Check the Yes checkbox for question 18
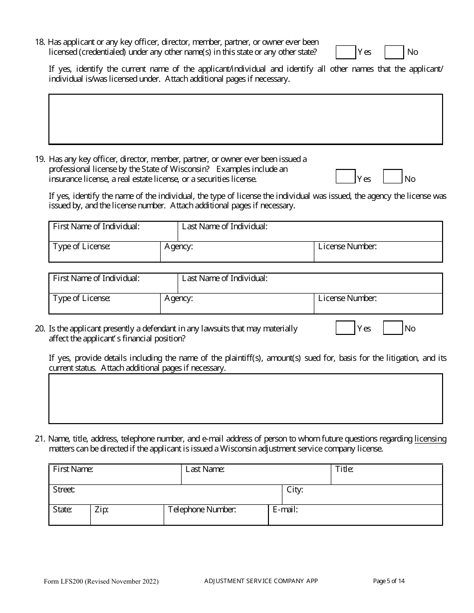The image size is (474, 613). point(345,52)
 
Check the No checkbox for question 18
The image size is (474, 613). point(394,52)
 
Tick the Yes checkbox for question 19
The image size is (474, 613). point(345,177)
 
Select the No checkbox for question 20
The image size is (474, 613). point(393,328)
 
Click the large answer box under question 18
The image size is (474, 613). point(245,119)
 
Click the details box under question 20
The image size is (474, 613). point(245,399)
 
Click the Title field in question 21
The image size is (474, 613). point(387,474)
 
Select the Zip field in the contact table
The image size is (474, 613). point(127,515)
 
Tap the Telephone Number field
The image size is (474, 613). point(216,515)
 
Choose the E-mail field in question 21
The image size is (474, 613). point(355,515)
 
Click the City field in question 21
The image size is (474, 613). point(362,494)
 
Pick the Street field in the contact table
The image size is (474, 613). point(166,494)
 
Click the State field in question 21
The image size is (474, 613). point(70,515)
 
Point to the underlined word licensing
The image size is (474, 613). point(430,439)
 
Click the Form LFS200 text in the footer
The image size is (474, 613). point(101,581)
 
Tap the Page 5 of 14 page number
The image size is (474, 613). point(389,581)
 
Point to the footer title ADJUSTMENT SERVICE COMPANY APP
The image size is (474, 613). point(261,581)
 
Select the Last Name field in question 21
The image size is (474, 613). point(256,474)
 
